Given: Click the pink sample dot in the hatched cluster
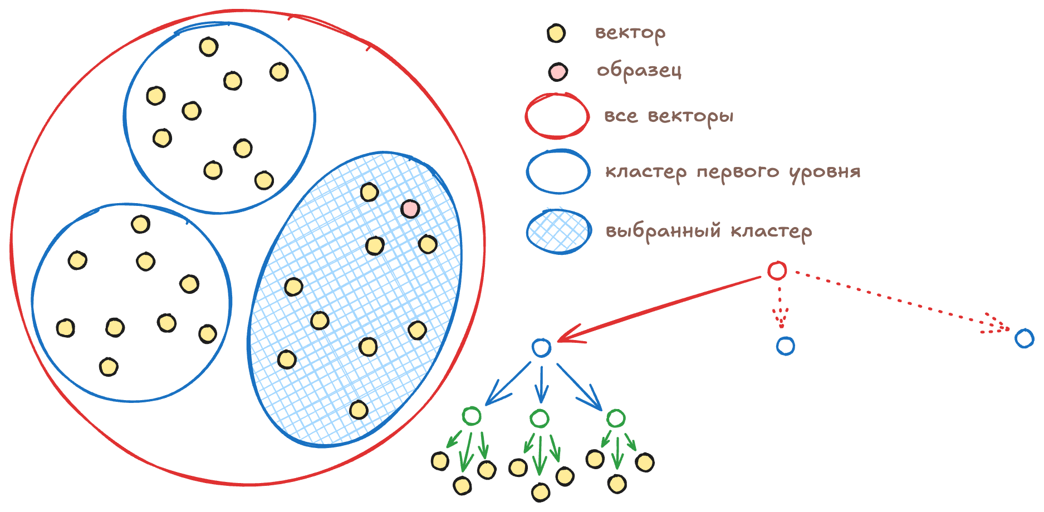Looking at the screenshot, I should [410, 209].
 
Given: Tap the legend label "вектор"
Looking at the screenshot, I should [630, 33].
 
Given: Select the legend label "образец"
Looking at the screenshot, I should [639, 71].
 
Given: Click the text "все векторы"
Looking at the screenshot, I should [669, 116].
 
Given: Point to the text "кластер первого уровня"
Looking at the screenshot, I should [733, 171].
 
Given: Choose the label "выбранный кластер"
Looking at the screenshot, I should [708, 231].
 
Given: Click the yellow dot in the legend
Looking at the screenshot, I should [555, 33].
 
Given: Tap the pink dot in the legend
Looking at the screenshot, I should [557, 72].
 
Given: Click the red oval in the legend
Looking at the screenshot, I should [557, 116].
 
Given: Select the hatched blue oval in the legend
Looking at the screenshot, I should [558, 232].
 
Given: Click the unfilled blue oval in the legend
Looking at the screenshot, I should [558, 172].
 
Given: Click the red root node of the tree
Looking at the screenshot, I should [777, 270].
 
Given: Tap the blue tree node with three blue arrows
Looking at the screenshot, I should [541, 348].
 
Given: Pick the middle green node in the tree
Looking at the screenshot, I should [539, 419].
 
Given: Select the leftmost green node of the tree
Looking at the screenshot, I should [472, 416].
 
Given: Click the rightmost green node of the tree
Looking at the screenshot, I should [615, 418].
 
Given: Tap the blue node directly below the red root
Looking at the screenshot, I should [785, 346].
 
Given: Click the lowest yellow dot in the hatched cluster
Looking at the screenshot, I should [359, 410].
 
